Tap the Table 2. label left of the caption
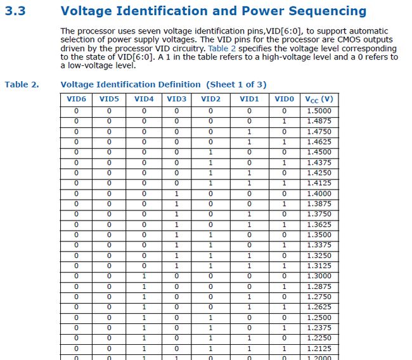point(21,84)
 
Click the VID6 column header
point(76,99)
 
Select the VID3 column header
point(177,99)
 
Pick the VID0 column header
point(285,99)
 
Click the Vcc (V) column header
point(319,99)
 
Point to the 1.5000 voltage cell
point(319,111)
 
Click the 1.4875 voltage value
point(319,121)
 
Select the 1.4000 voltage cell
point(319,193)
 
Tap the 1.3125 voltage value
point(319,266)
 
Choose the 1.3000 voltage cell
point(319,276)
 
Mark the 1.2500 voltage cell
point(319,317)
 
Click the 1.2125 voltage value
point(319,348)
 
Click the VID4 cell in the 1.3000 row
point(144,276)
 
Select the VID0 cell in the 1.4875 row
point(285,121)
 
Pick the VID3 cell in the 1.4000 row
point(177,193)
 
